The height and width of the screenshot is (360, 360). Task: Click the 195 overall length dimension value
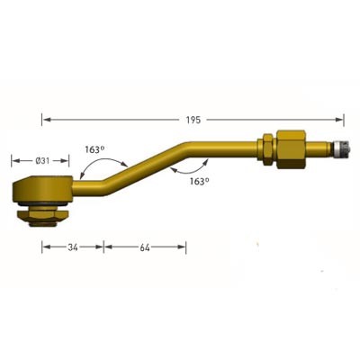(193, 120)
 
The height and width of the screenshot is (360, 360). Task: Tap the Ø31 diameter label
(42, 161)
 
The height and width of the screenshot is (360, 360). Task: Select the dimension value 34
(73, 247)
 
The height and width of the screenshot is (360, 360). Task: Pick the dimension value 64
(145, 247)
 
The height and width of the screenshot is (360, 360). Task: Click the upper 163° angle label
(94, 149)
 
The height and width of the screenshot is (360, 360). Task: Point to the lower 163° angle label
(200, 181)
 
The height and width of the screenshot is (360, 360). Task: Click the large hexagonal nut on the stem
(291, 149)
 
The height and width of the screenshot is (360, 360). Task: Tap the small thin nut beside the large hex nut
(268, 149)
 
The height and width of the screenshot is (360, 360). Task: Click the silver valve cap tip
(340, 148)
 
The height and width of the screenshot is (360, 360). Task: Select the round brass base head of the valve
(42, 189)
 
